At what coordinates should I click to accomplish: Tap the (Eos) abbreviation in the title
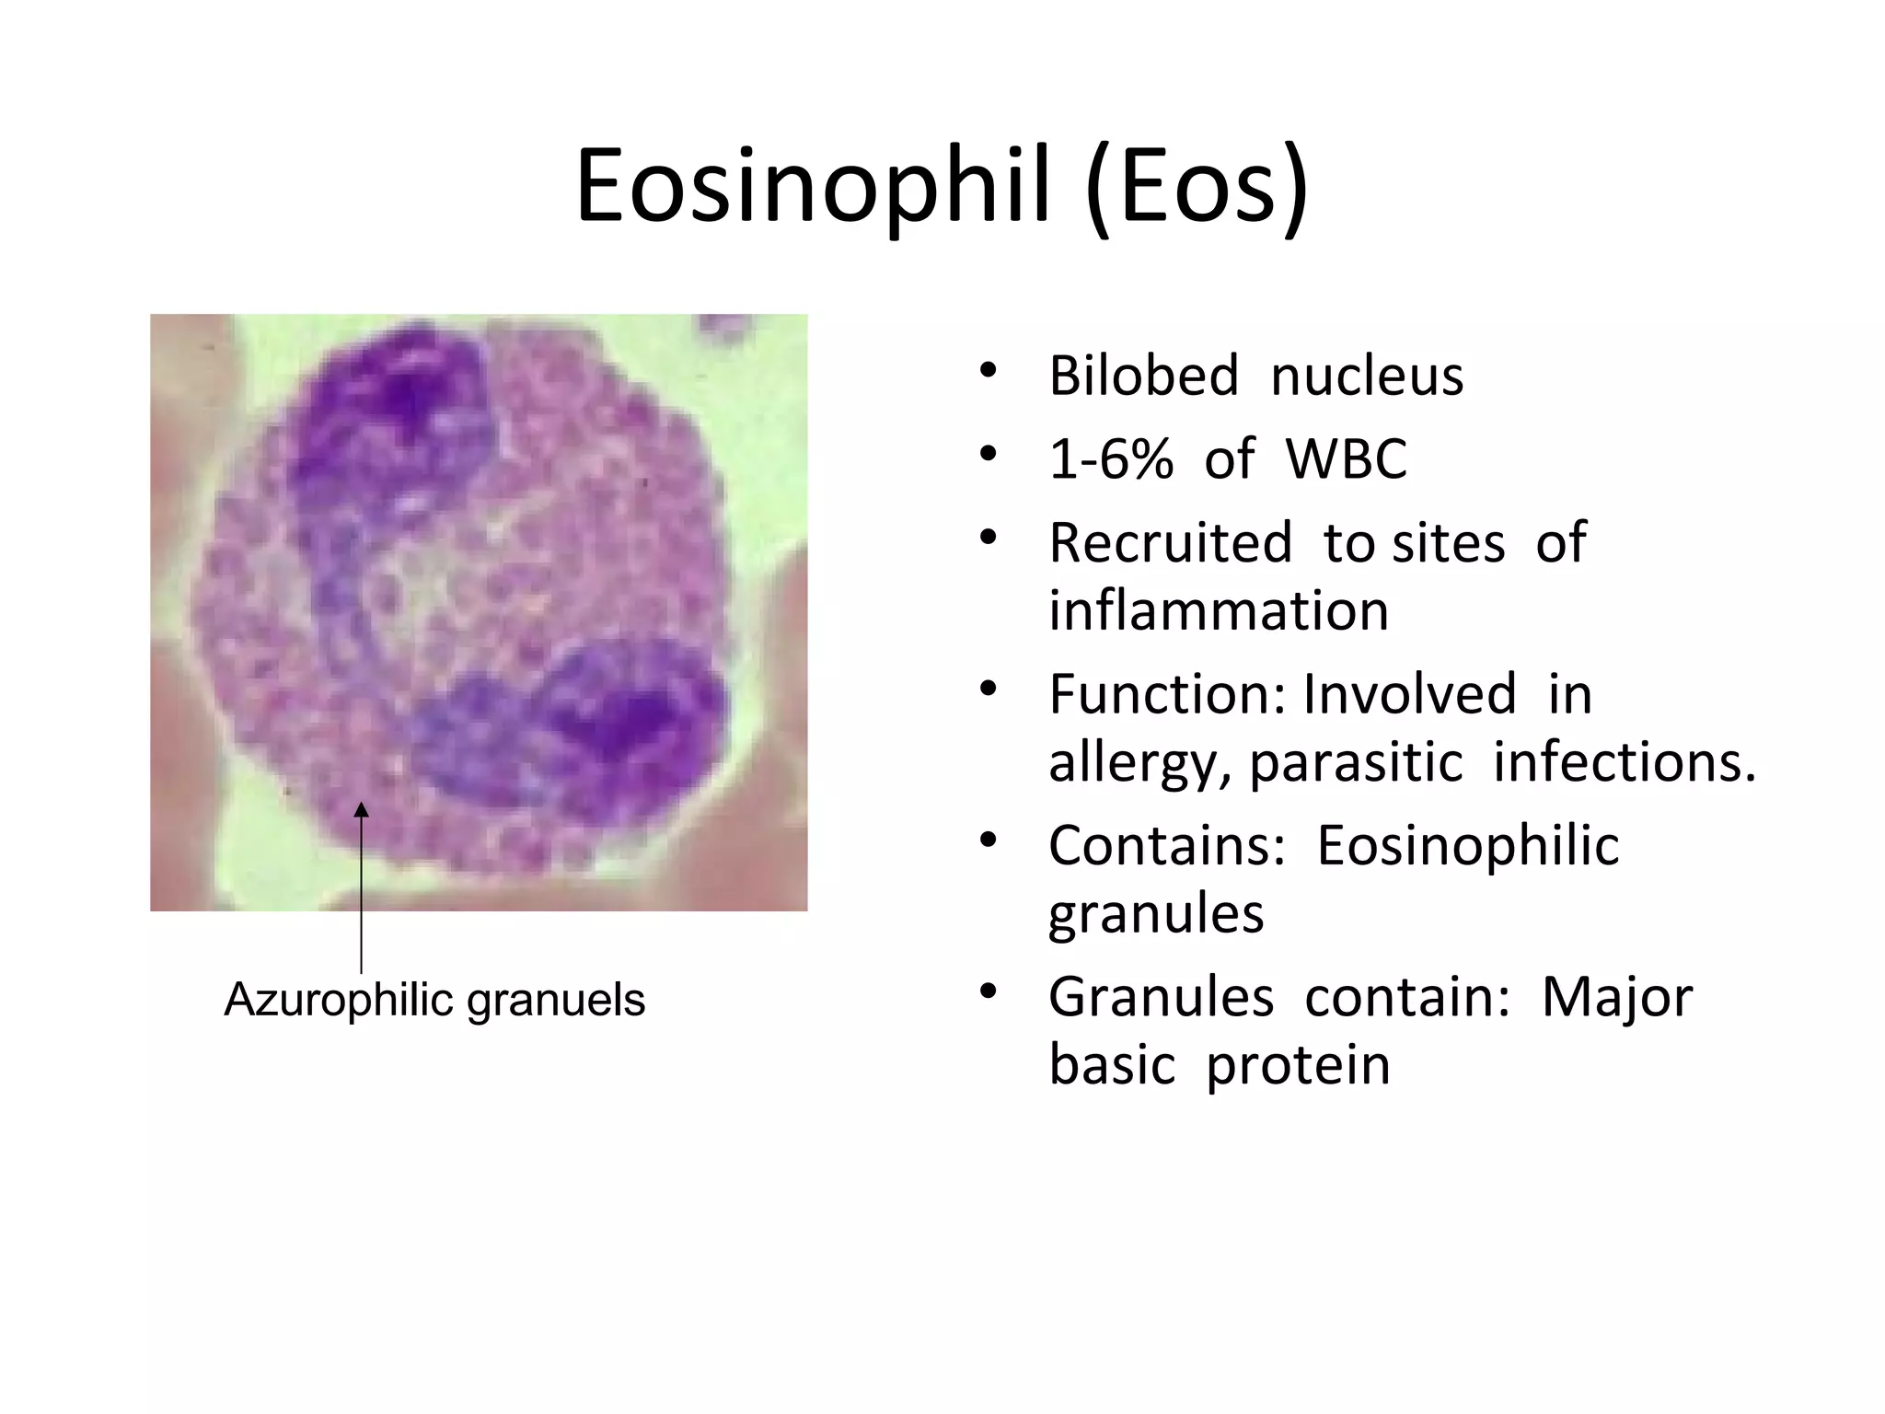point(1197,191)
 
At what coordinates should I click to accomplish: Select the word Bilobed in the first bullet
point(1143,377)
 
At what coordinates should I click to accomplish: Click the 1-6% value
point(1111,458)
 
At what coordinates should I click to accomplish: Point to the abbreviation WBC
point(1346,458)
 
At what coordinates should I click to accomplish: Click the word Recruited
point(1170,542)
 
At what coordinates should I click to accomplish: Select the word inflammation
point(1218,610)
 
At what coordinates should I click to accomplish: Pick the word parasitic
point(1355,762)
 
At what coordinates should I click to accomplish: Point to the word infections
point(1623,762)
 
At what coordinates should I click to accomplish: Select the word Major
point(1616,997)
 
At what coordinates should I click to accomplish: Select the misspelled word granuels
point(556,1001)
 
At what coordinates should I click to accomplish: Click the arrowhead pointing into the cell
point(361,809)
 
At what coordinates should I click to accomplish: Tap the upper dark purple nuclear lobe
point(396,414)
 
